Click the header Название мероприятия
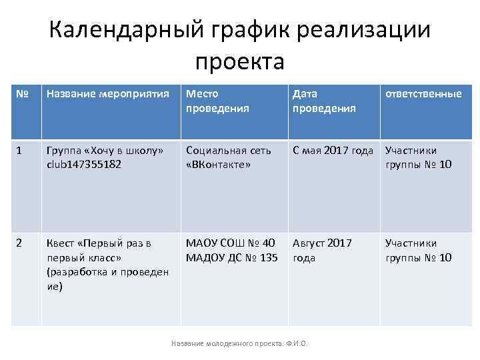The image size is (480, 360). (x=107, y=94)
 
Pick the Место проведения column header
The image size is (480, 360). (x=211, y=101)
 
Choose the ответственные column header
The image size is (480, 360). (x=423, y=94)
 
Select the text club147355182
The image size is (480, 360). (x=84, y=165)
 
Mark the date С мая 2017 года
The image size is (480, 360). (x=333, y=151)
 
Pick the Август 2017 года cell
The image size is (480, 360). (x=323, y=251)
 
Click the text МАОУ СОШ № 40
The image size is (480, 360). (x=229, y=243)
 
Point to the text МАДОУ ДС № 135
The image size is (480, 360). (x=231, y=258)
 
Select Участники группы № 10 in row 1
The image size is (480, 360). (x=418, y=157)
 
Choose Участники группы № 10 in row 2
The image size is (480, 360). (x=418, y=251)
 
